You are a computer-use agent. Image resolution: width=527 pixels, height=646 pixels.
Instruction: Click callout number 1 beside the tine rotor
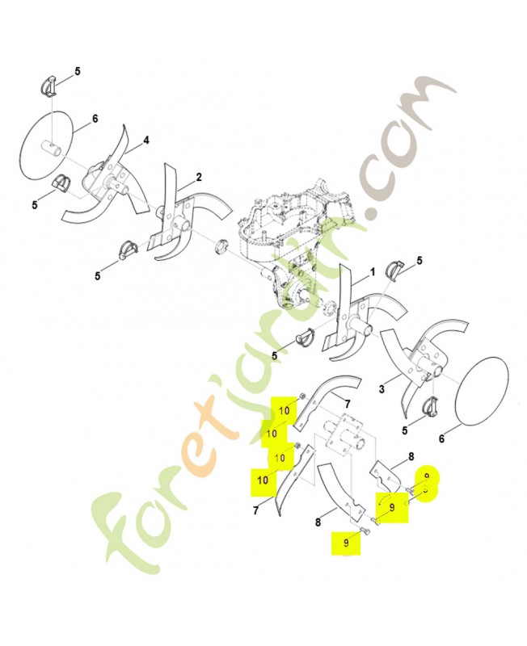point(373,272)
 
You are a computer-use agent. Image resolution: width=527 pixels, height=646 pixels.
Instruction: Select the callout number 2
point(199,177)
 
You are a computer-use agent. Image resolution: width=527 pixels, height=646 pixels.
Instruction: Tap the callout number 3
point(382,388)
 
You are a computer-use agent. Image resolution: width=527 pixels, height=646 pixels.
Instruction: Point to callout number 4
point(146,141)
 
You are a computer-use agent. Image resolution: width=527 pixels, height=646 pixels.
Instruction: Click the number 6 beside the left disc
point(95,119)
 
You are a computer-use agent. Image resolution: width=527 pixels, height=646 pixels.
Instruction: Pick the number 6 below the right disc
point(441,439)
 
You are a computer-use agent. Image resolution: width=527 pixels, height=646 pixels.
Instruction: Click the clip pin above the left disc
point(48,87)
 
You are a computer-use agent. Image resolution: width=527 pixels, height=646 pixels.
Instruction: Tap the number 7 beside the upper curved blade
point(348,403)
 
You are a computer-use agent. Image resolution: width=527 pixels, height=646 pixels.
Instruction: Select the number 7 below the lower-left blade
point(255,511)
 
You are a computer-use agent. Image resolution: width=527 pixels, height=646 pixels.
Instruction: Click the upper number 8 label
point(411,457)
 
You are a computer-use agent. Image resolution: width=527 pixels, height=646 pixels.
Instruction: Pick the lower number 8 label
point(318,522)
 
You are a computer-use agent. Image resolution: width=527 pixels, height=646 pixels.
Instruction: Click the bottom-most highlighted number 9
point(346,543)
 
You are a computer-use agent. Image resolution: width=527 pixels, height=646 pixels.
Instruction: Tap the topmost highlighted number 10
point(285,411)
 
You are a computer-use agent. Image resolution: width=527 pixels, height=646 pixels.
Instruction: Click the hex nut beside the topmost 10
point(301,396)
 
